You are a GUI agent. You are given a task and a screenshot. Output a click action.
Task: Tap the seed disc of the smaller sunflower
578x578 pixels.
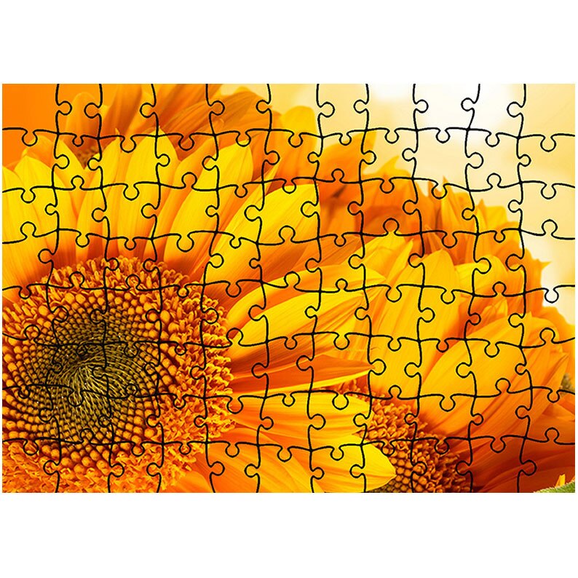[415, 444]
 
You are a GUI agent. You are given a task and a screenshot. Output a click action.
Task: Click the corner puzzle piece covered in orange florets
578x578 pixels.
[25, 470]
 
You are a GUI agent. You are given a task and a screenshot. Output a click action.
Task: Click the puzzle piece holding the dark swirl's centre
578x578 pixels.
[80, 364]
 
